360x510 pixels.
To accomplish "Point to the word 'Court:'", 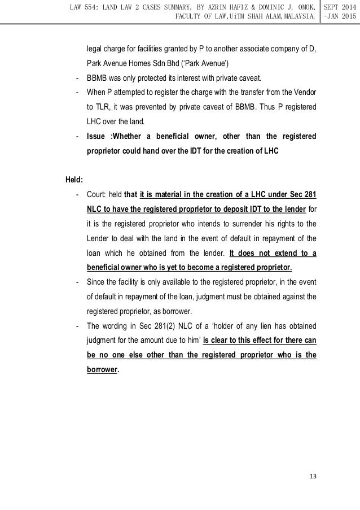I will (99, 195).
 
